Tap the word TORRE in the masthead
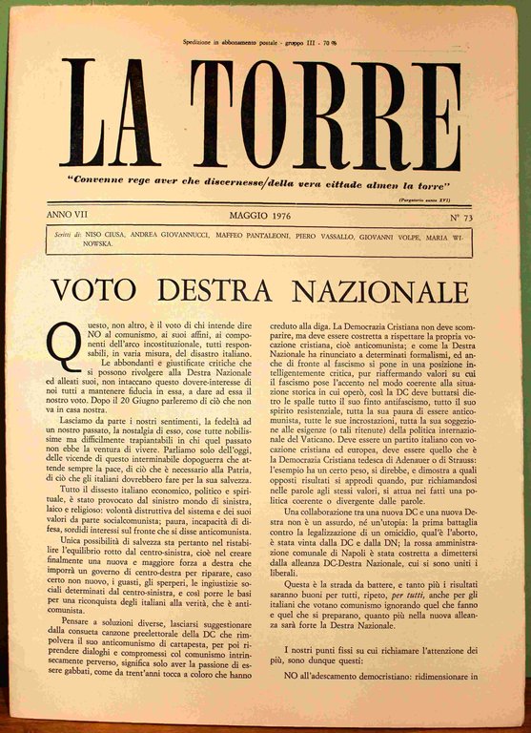pyautogui.click(x=325, y=114)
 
